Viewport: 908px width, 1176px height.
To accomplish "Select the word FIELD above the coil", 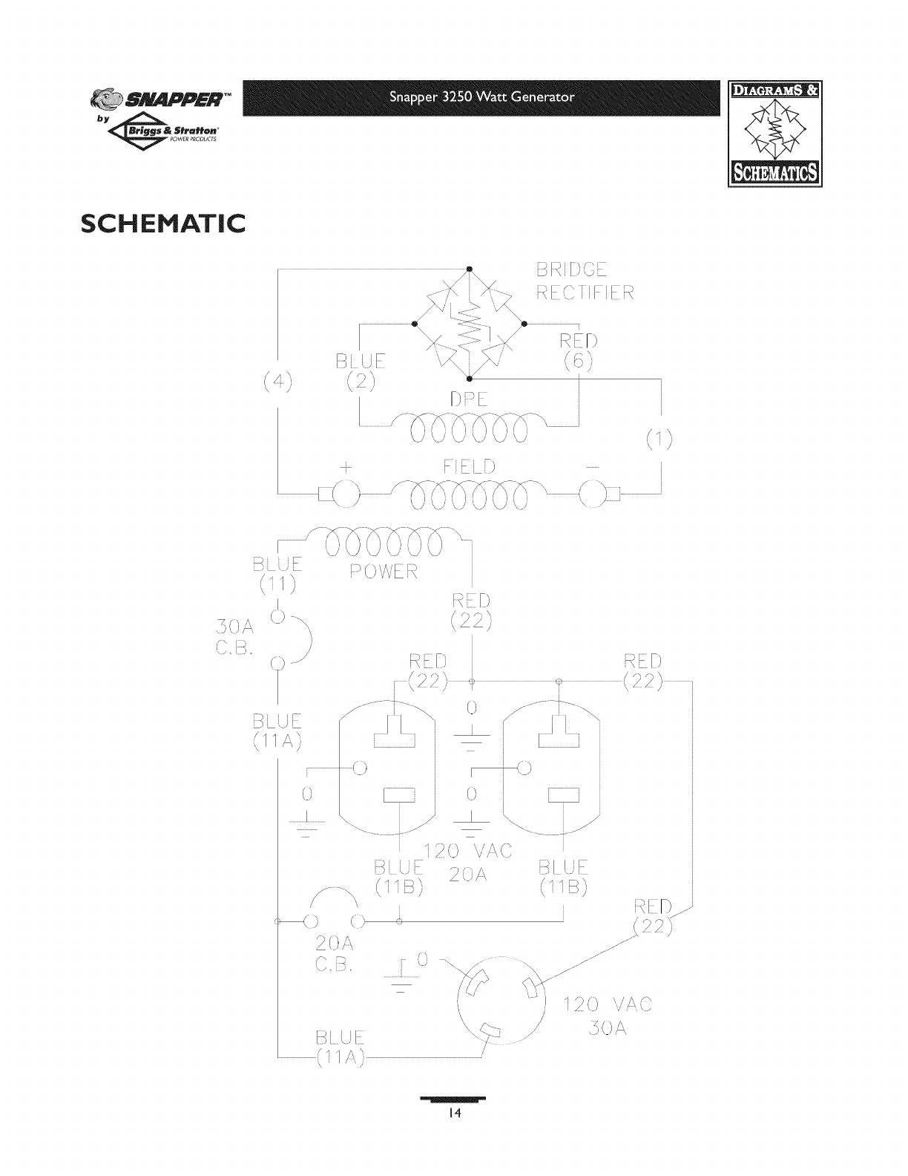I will [469, 468].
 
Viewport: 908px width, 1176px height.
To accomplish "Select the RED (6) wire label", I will [579, 350].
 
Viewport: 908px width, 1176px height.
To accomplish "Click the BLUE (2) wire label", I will [361, 372].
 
